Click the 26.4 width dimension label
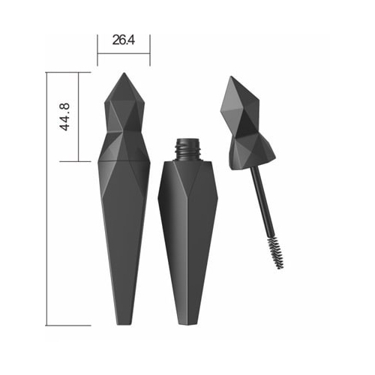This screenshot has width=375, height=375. coord(124,40)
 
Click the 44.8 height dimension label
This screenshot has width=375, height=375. coord(64,116)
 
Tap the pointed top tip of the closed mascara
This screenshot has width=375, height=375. coord(124,73)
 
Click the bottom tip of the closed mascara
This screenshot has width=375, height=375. coord(124,324)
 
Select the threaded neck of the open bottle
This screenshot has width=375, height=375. coord(188,149)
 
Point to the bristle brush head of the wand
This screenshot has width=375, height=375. coord(275,253)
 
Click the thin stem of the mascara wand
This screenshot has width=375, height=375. coord(262,201)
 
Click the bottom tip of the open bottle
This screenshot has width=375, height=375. coord(188,324)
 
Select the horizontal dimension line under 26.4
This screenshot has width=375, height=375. coord(124,53)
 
